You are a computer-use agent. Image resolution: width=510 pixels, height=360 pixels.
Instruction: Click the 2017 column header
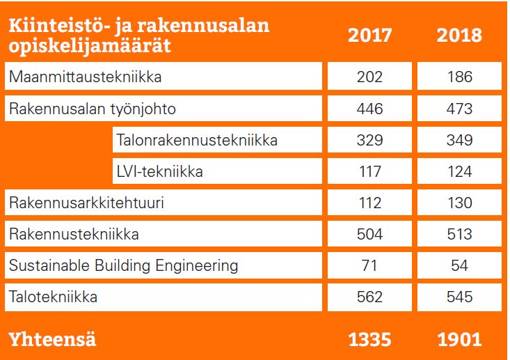click(x=369, y=36)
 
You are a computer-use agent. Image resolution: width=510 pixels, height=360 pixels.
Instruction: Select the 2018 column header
click(x=459, y=36)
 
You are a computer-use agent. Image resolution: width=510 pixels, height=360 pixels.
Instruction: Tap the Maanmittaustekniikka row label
click(x=85, y=77)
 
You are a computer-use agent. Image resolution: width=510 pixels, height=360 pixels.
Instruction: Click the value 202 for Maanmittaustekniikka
click(x=369, y=77)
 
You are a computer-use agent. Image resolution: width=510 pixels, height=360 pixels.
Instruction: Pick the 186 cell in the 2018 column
click(x=459, y=77)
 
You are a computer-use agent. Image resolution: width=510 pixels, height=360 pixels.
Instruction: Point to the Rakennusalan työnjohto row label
click(x=93, y=109)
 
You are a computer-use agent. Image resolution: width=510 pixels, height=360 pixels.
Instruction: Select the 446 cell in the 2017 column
click(x=369, y=109)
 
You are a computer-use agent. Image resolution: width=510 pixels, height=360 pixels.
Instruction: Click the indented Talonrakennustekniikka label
click(x=198, y=140)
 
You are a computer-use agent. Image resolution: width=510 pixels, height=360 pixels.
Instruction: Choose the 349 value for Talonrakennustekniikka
click(x=459, y=140)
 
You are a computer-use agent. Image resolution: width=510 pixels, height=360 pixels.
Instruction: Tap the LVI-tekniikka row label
click(x=160, y=171)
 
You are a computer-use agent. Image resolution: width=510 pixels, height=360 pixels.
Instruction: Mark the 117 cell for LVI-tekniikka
click(x=369, y=171)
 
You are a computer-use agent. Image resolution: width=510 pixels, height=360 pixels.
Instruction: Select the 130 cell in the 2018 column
click(x=459, y=203)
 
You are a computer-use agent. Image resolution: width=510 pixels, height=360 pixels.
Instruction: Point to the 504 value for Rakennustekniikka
click(x=369, y=234)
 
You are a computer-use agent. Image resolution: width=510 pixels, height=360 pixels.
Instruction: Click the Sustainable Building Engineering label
click(x=123, y=265)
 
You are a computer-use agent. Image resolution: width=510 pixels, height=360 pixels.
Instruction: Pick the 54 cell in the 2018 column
click(x=459, y=265)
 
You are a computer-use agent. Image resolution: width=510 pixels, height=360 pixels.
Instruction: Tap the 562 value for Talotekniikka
click(x=369, y=297)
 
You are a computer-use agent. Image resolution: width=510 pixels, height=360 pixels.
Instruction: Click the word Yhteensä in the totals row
click(x=51, y=339)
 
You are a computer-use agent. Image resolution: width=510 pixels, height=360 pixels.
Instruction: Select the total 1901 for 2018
click(x=459, y=339)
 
